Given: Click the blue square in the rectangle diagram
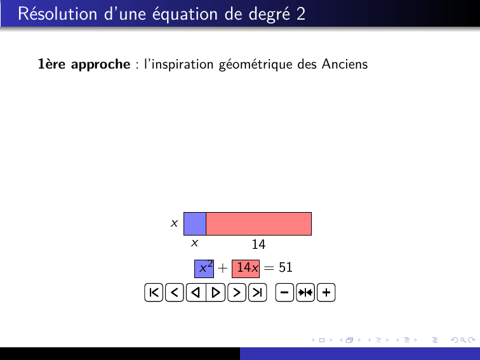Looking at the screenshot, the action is point(195,223).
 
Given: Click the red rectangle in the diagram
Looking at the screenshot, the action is point(258,223).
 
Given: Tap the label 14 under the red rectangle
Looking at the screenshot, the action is point(258,244).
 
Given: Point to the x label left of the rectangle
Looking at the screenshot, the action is point(174,223).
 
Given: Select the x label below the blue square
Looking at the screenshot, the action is point(194,243).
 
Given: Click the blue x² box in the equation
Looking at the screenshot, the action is point(204,269).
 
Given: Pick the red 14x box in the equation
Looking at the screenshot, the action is point(246,269).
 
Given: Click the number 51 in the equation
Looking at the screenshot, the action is point(286,267).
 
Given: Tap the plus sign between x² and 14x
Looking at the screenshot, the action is point(223,268).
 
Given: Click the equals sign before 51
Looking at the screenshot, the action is point(269,268).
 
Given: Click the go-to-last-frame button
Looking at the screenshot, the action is point(257,293).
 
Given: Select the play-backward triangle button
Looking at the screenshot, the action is point(196,293).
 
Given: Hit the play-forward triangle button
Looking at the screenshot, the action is point(216,293).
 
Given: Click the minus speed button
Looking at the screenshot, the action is point(284,293).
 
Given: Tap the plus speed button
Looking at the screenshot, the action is point(326,293).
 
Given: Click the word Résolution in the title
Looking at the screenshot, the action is point(58,14).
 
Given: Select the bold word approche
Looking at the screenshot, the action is point(101,65).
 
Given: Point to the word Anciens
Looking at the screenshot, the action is point(345,64).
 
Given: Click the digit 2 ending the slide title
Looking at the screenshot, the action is point(301,14).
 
